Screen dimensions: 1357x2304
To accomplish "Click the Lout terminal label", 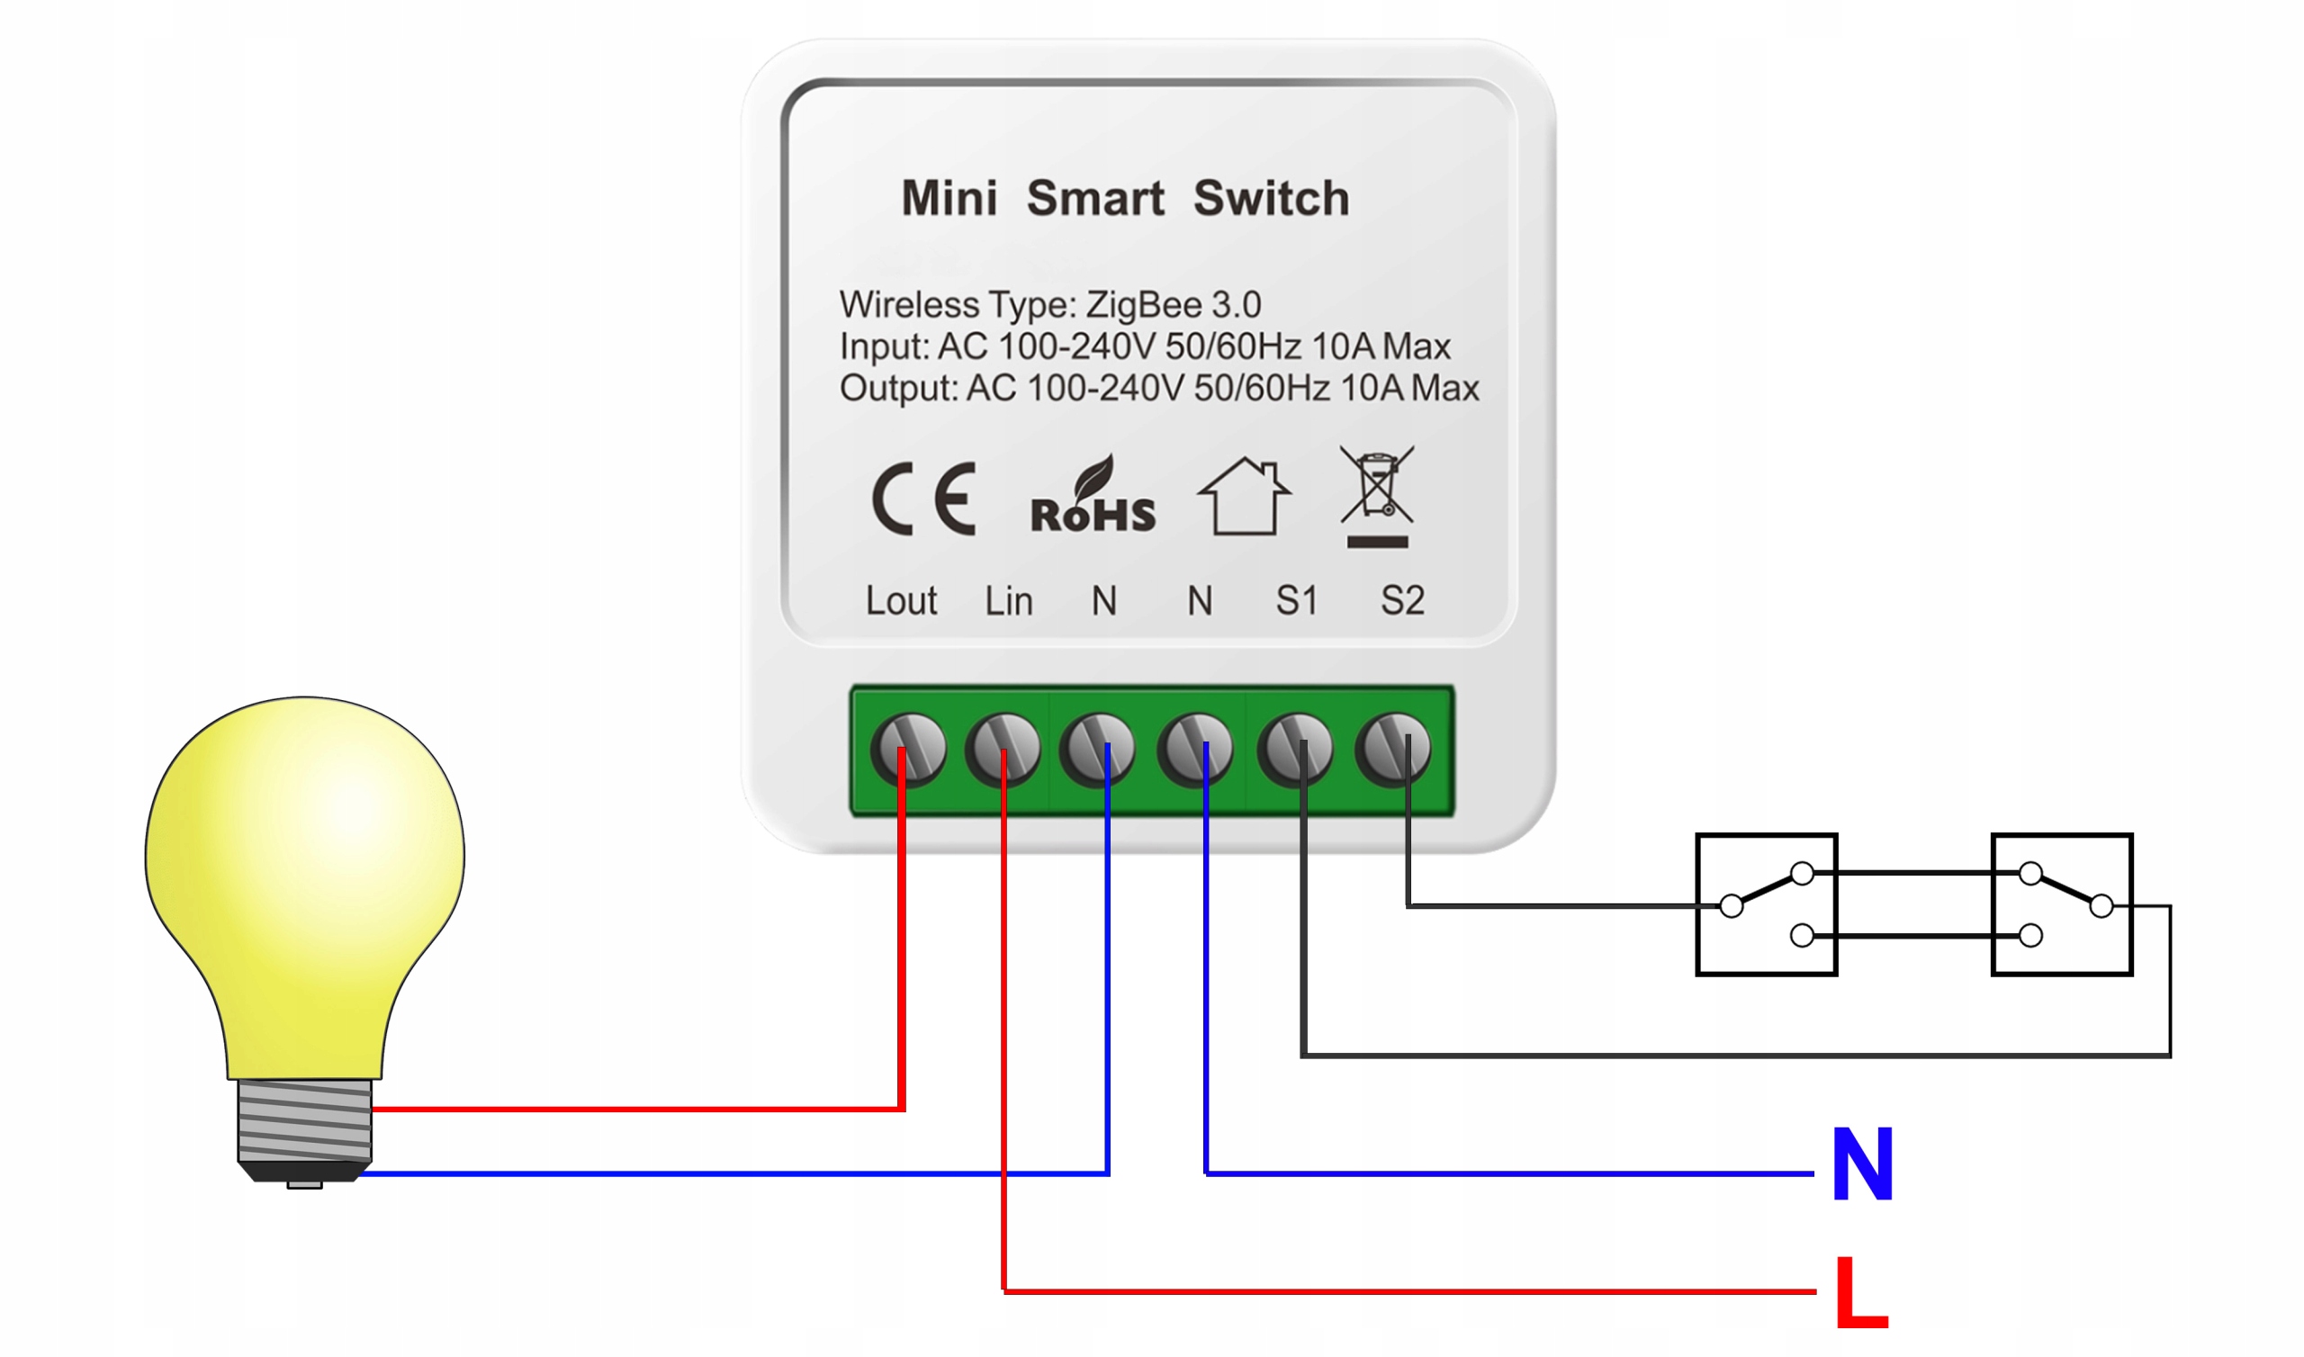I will [901, 601].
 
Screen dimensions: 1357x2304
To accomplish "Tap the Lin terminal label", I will [1009, 601].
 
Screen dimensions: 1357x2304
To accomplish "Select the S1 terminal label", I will [1297, 601].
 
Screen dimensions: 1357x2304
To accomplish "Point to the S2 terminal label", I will [1401, 601].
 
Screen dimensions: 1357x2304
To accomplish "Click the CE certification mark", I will [923, 499].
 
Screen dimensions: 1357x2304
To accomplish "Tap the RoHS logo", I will [1093, 499].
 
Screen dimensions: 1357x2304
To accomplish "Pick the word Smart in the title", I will [1094, 199].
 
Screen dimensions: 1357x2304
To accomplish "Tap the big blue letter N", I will [1862, 1164].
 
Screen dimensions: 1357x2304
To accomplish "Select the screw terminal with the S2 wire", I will [1393, 749].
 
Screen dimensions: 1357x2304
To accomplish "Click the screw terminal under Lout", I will [908, 749].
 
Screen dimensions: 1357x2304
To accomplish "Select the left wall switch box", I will [1767, 905].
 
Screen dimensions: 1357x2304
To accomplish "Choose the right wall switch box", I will [2062, 905].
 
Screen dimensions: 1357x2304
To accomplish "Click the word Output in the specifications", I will [898, 389].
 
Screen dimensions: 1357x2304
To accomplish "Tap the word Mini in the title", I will [949, 199].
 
